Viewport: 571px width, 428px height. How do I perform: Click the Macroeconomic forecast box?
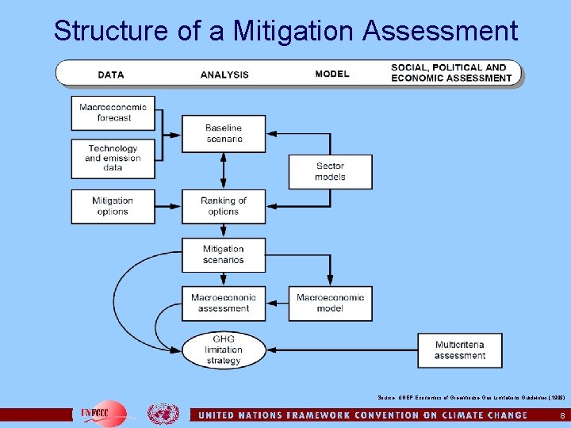(x=113, y=113)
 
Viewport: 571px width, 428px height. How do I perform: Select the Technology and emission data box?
(x=113, y=158)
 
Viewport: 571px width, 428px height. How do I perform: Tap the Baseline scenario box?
(x=223, y=134)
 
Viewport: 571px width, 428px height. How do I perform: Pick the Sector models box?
(x=330, y=171)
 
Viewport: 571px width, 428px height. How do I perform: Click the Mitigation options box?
(x=113, y=206)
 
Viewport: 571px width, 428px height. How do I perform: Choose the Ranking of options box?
(x=223, y=206)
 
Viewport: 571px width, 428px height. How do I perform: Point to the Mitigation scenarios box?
(x=223, y=254)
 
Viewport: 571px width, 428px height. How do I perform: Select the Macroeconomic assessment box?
(x=223, y=303)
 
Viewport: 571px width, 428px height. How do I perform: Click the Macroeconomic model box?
(x=330, y=303)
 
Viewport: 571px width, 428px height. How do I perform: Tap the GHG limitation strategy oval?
(x=223, y=350)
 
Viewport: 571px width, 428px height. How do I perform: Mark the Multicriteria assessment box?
(x=459, y=350)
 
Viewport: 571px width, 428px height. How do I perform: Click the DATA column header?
(x=111, y=75)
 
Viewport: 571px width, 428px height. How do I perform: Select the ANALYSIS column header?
(x=224, y=75)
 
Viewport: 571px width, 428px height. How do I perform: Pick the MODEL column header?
(x=331, y=74)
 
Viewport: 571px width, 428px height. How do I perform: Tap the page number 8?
(x=562, y=415)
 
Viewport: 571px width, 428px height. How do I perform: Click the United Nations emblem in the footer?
(x=163, y=414)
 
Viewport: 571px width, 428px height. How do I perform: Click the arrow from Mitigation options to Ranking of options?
(x=169, y=206)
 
